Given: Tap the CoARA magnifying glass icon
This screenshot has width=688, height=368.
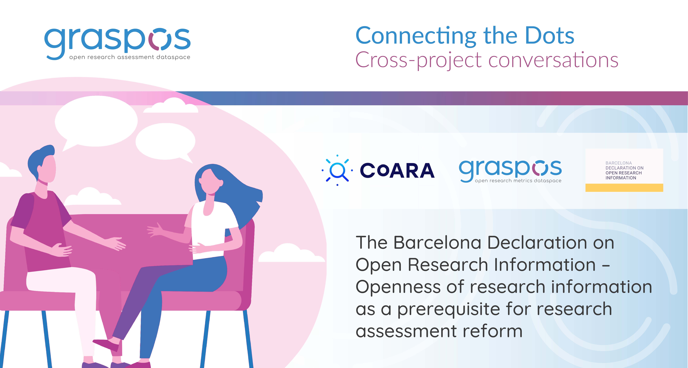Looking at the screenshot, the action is click(x=337, y=170).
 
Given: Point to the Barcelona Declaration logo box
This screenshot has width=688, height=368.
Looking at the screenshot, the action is click(x=624, y=170).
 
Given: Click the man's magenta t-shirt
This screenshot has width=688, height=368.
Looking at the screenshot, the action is click(x=43, y=229).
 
